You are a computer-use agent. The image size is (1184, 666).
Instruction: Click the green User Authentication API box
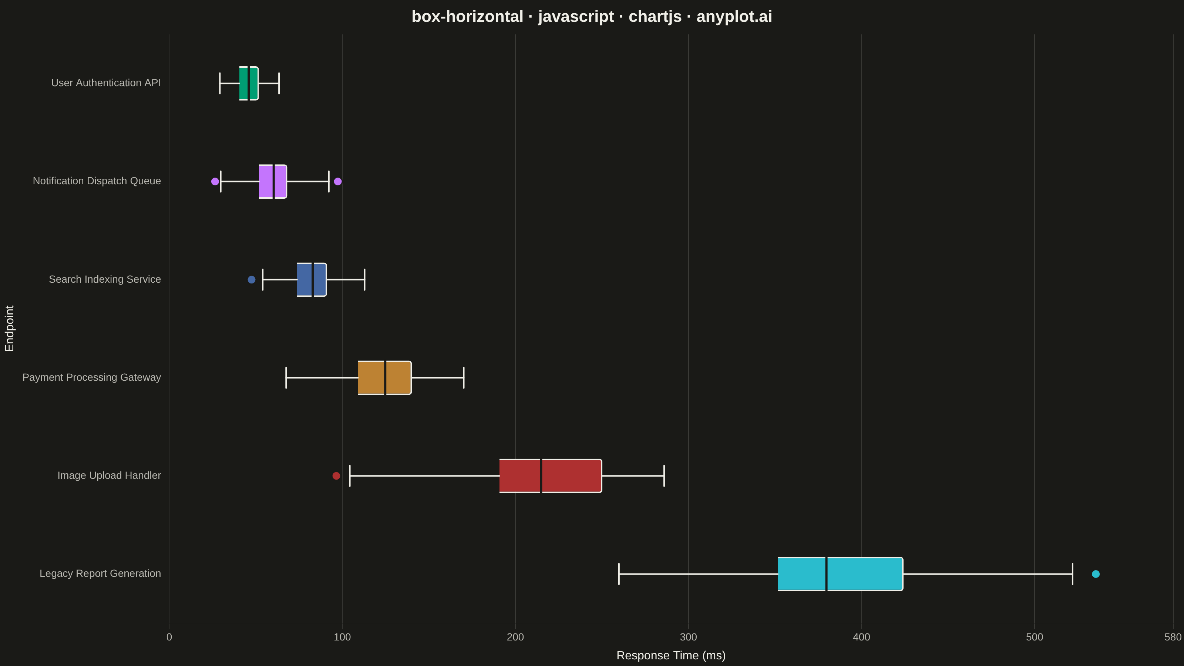tap(249, 83)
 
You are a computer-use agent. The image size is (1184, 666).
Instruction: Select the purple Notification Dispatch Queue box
tap(273, 182)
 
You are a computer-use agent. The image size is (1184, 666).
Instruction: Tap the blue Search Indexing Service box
tap(312, 279)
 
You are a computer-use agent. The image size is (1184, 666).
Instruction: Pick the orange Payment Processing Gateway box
tap(385, 378)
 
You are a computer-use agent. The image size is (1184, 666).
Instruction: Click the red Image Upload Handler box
tap(551, 476)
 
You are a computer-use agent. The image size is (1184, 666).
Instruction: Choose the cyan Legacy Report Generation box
tap(840, 574)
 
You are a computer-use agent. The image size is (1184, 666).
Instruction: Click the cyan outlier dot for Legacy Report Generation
tap(1096, 574)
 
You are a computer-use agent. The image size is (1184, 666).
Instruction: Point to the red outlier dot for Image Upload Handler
tap(336, 476)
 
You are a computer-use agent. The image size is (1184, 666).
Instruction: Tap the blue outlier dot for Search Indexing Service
tap(252, 279)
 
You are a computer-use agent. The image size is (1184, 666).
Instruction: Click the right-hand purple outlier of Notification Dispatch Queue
tap(338, 182)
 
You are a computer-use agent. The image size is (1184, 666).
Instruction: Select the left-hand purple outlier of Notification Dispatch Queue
tap(215, 182)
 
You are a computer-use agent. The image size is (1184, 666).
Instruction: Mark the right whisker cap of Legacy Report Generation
tap(1073, 574)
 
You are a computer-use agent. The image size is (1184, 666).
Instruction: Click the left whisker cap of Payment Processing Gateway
tap(286, 378)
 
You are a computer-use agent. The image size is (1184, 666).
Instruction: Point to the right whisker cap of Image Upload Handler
tap(664, 476)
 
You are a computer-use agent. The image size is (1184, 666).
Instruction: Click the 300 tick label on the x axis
tap(689, 638)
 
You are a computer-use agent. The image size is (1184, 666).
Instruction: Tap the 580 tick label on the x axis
tap(1173, 638)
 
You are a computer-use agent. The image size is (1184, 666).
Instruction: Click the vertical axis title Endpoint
tap(10, 328)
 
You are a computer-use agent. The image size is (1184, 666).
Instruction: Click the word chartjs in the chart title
tap(655, 17)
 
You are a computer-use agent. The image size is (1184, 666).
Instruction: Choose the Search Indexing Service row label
tap(105, 279)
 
